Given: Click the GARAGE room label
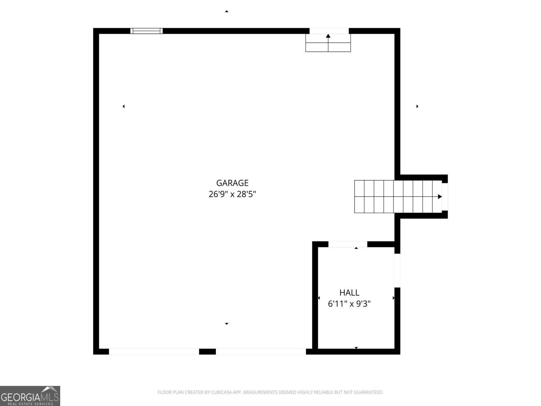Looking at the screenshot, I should tap(232, 183).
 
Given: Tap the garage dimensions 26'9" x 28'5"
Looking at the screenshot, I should tap(232, 194).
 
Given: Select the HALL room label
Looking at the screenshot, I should tap(349, 293).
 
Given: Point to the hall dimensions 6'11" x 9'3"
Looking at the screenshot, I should tap(349, 304).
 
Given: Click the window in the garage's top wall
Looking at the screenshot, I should tap(146, 31).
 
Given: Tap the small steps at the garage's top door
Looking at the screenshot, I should tap(328, 43).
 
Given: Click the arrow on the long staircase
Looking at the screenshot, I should tap(440, 197).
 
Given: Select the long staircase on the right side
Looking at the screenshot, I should tap(398, 197).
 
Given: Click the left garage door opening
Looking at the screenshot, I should tap(154, 352).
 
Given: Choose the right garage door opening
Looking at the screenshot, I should tap(261, 352).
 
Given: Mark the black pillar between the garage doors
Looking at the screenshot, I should tap(207, 352).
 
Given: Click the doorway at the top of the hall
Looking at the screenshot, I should tap(348, 244).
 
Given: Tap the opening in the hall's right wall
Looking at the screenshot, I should tap(397, 270).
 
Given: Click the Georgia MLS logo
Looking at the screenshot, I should tap(30, 396).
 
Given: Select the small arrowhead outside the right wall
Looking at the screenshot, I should tap(417, 106).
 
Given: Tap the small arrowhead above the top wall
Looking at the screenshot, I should tap(227, 12).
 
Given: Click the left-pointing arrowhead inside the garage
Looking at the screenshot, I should tap(123, 106).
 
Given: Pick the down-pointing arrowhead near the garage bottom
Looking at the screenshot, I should tap(227, 324).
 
